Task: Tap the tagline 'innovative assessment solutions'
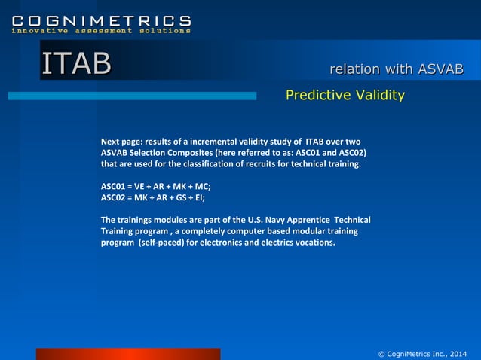click(x=101, y=31)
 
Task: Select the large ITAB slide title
click(x=76, y=64)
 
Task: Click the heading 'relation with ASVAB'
click(x=396, y=69)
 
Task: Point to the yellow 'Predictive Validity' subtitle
click(x=345, y=95)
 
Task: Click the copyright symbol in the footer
click(x=381, y=353)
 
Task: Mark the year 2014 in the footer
click(x=458, y=353)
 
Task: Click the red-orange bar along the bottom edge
click(x=128, y=354)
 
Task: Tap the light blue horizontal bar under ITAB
click(x=132, y=96)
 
